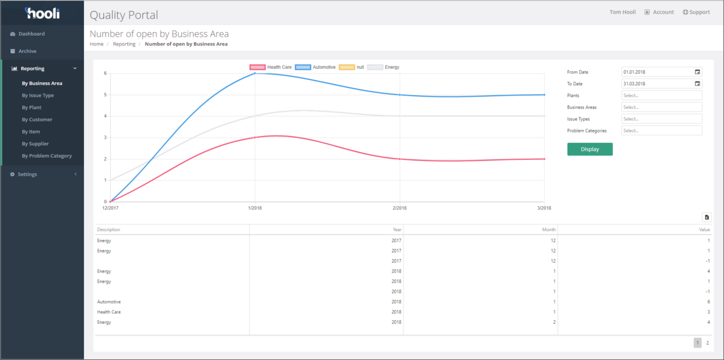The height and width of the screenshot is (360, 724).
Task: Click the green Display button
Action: (590, 149)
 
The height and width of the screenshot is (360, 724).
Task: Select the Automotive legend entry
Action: (316, 67)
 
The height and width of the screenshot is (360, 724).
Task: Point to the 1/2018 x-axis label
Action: (255, 208)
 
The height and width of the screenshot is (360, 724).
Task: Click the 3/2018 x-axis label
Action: (544, 208)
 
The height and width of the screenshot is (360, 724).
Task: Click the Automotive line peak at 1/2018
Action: (255, 74)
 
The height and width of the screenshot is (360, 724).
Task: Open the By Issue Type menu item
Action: (37, 96)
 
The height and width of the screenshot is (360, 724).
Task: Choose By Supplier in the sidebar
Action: (35, 144)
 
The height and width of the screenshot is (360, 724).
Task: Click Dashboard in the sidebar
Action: (31, 34)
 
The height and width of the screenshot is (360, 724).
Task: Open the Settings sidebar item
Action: (27, 174)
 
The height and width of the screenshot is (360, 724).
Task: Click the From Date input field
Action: (656, 72)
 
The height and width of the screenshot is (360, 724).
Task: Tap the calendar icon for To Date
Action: (697, 83)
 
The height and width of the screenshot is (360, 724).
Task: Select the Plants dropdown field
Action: (662, 96)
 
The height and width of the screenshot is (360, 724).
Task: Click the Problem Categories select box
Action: (662, 131)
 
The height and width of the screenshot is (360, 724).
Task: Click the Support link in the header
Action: (696, 12)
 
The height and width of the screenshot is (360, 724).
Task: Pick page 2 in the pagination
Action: (708, 343)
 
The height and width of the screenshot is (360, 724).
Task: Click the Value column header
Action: (705, 230)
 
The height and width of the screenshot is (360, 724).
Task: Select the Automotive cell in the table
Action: (109, 302)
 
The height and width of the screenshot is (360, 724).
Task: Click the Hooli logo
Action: (42, 13)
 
